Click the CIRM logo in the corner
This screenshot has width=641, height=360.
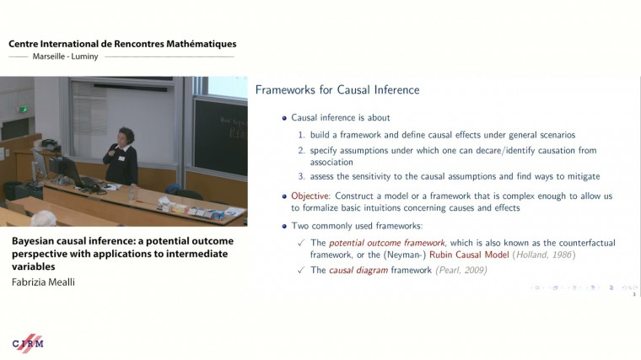point(28,343)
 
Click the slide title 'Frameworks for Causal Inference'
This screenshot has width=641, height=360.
point(337,90)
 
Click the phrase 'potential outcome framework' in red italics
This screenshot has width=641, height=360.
point(374,243)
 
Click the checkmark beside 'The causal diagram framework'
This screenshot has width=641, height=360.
point(301,270)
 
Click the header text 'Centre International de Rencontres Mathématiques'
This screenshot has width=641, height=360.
point(122,44)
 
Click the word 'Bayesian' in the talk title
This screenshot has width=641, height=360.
point(35,241)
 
